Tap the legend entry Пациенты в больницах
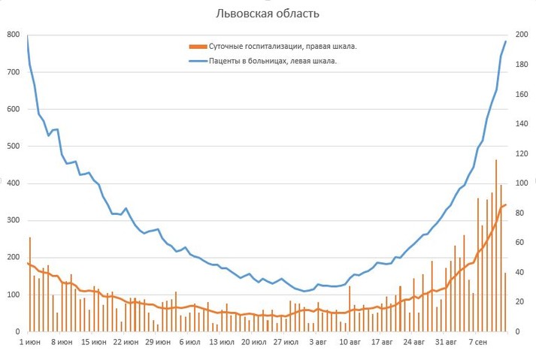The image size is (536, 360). (272, 61)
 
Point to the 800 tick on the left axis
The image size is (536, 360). (13, 35)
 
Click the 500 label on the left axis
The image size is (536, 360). (13, 146)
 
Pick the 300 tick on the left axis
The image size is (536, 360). (13, 220)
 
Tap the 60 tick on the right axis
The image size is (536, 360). (517, 243)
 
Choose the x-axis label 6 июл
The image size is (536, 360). (189, 342)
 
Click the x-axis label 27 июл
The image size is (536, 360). (286, 342)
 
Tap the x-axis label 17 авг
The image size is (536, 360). (382, 342)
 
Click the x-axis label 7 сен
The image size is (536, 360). (479, 342)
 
